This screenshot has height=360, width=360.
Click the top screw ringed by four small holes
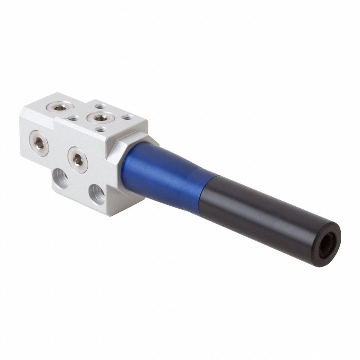point(101,117)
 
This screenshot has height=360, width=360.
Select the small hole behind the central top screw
point(100,107)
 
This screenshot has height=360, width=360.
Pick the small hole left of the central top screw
point(73,118)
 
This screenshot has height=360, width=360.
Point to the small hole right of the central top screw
point(128,117)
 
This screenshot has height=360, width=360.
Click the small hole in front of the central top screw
point(101,129)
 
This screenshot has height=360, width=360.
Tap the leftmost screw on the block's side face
point(39,143)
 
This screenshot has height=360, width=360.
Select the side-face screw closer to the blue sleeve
point(78,160)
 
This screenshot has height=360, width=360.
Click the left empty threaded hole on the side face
point(60,178)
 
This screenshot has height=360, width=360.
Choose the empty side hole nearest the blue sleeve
point(97,194)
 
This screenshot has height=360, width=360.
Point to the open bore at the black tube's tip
point(327,245)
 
